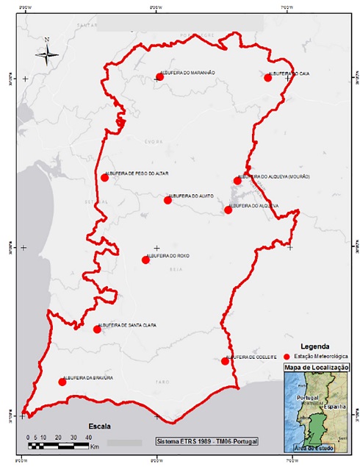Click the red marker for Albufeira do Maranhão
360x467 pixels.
(x=159, y=76)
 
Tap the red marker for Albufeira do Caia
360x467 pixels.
(x=268, y=77)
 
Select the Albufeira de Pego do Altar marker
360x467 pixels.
(x=105, y=177)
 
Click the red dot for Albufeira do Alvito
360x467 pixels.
(x=168, y=200)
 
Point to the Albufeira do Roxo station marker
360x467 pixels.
(x=145, y=260)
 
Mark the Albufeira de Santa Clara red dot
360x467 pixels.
(x=97, y=329)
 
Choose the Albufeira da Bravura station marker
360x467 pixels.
(x=62, y=382)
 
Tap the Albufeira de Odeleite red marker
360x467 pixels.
(x=225, y=361)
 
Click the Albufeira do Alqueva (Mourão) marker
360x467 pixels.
(x=237, y=180)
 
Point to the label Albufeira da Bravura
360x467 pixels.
(x=89, y=377)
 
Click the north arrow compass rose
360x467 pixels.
(x=47, y=52)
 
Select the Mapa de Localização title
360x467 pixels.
(x=316, y=366)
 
